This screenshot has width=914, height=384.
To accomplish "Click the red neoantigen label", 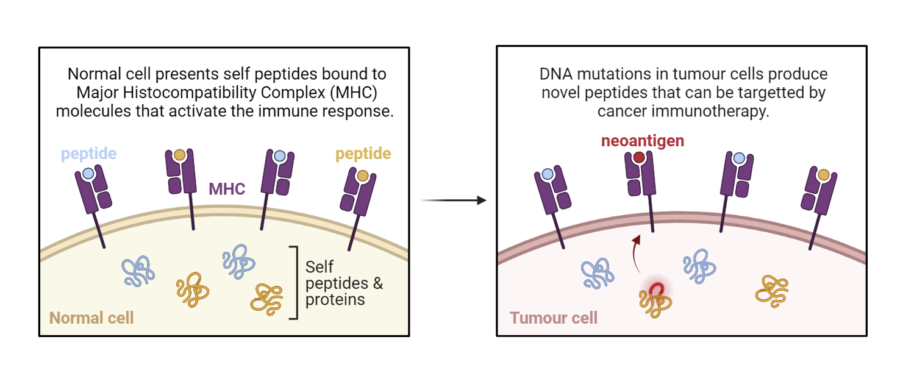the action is tap(642, 141).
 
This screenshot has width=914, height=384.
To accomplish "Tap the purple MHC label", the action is tap(227, 189).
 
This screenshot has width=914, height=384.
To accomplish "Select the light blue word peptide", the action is tap(88, 154).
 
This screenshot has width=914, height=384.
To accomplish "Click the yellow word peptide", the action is tap(363, 154).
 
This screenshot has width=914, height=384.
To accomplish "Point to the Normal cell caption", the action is tap(91, 318).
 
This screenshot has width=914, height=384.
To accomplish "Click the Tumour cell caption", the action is tap(554, 318).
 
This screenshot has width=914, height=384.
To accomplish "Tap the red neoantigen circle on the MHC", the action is tap(639, 157).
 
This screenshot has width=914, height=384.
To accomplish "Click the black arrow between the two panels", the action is tap(453, 201).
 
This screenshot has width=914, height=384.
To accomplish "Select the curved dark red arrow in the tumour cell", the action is tap(636, 253).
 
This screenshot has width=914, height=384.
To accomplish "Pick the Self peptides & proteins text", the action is tap(344, 283).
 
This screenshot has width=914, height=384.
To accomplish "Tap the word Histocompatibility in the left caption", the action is tap(189, 93).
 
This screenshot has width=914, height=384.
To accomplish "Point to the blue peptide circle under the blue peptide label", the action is tap(88, 174).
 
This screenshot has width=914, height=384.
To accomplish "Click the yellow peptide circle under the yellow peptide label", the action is tap(362, 176).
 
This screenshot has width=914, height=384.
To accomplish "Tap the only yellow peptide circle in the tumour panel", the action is tap(823, 175).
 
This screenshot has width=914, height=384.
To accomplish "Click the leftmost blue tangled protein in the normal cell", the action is tap(138, 271).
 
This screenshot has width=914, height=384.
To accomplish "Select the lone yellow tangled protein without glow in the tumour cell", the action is tap(771, 291).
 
